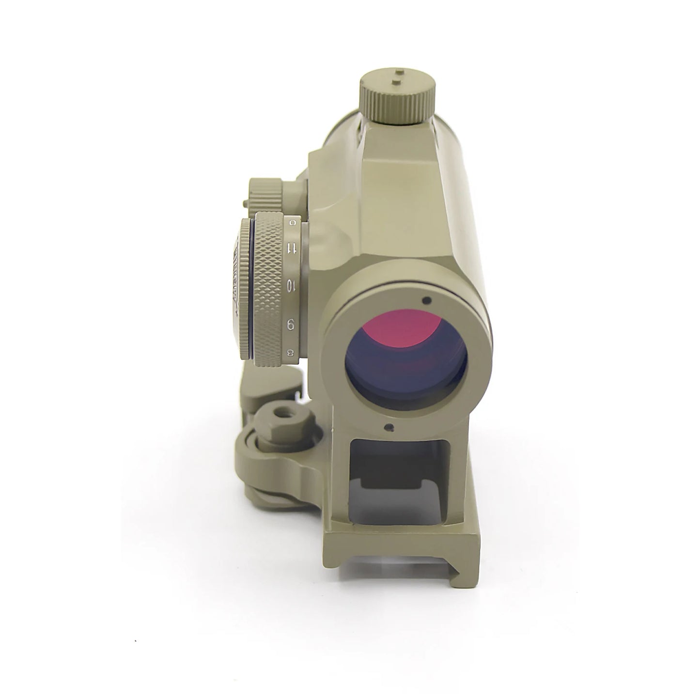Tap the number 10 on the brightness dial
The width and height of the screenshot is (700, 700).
click(292, 286)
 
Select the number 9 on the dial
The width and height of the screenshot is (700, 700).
click(292, 324)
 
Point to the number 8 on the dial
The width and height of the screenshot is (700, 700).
click(292, 353)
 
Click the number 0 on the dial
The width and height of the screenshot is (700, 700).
click(292, 222)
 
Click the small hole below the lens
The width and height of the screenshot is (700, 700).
click(388, 427)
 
